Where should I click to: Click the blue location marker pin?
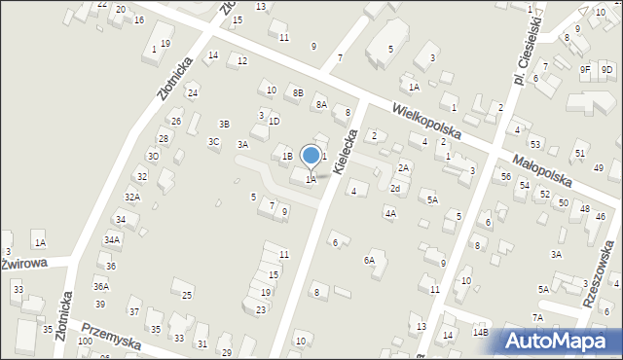coord(311,156)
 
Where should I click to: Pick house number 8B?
coord(298,92)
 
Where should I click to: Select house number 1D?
coord(274,122)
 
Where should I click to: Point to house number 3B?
coord(224,124)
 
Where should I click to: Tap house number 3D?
coord(153,156)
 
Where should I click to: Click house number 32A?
coord(131,198)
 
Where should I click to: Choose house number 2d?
coord(395,188)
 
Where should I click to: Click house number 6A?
coord(369,260)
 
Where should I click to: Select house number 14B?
coord(480,332)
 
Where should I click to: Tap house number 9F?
coord(585,69)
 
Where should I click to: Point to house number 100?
coord(85,342)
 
